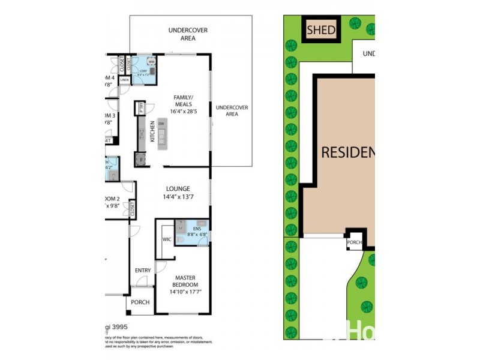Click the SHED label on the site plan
pyautogui.click(x=321, y=29)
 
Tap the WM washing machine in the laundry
pyautogui.click(x=151, y=62)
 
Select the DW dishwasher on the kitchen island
pyautogui.click(x=161, y=124)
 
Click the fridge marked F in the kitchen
pyautogui.click(x=142, y=160)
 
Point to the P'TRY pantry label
pyautogui.click(x=140, y=109)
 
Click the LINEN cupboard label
pyautogui.click(x=125, y=79)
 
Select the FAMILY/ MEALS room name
pyautogui.click(x=183, y=100)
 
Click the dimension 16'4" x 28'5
pyautogui.click(x=183, y=111)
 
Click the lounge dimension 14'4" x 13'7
pyautogui.click(x=177, y=197)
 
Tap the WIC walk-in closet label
pyautogui.click(x=167, y=239)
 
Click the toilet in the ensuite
pyautogui.click(x=202, y=241)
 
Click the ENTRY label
pyautogui.click(x=143, y=270)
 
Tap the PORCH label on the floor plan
pyautogui.click(x=140, y=302)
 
